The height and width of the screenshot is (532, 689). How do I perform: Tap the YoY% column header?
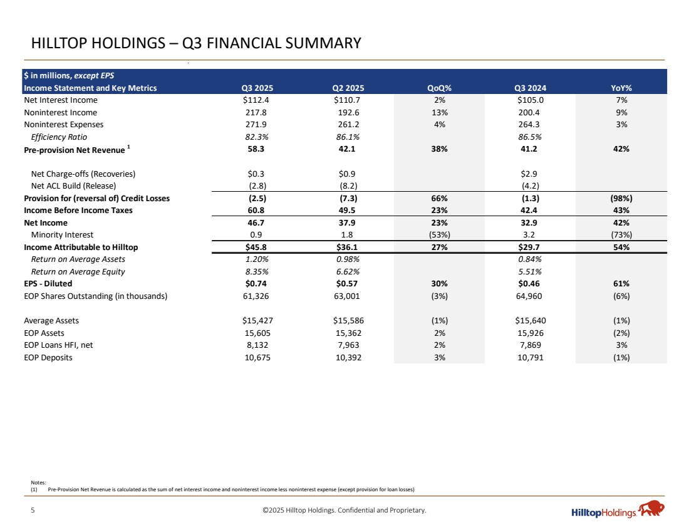click(621, 88)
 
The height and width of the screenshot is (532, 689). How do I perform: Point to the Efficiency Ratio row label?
click(59, 137)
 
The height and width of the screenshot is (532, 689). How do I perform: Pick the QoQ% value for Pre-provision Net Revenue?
click(440, 149)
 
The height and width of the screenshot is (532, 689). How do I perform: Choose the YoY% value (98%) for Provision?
click(621, 198)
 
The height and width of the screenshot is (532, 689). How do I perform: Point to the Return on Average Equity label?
click(78, 271)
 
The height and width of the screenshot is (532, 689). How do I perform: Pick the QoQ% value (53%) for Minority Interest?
click(440, 235)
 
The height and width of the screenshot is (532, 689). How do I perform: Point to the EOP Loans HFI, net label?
click(58, 345)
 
